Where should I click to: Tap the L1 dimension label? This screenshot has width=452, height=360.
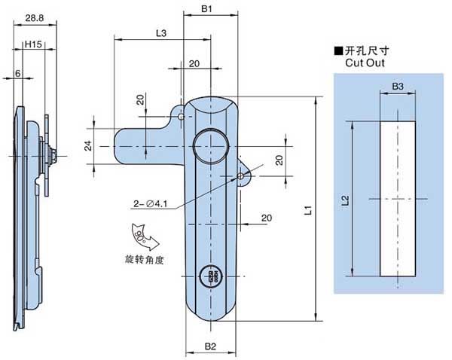click(308, 213)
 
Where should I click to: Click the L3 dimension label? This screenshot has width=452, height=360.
click(160, 33)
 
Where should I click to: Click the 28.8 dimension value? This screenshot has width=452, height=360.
click(32, 16)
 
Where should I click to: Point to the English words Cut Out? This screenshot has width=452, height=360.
click(365, 64)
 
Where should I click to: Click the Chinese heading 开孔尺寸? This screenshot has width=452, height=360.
click(367, 52)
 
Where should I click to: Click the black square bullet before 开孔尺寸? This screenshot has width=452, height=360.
click(338, 52)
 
